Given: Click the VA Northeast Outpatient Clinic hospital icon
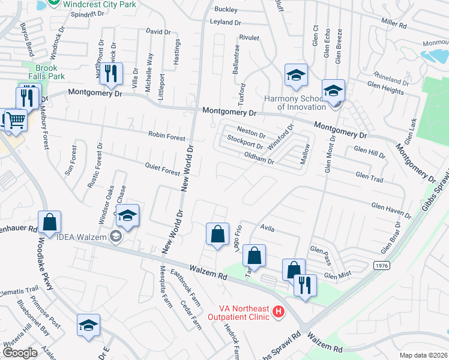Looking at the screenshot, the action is click(x=278, y=312).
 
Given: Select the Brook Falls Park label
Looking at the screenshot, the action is click(x=46, y=73).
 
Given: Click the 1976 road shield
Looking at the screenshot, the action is click(x=381, y=265).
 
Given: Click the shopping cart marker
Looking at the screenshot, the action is click(x=16, y=119).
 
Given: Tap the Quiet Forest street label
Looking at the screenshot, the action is click(x=162, y=169).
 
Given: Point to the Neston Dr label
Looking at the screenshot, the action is click(x=251, y=131).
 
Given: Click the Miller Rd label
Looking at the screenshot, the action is click(x=394, y=26).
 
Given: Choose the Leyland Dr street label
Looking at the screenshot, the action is click(x=225, y=22).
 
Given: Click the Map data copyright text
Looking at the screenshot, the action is click(x=423, y=355).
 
